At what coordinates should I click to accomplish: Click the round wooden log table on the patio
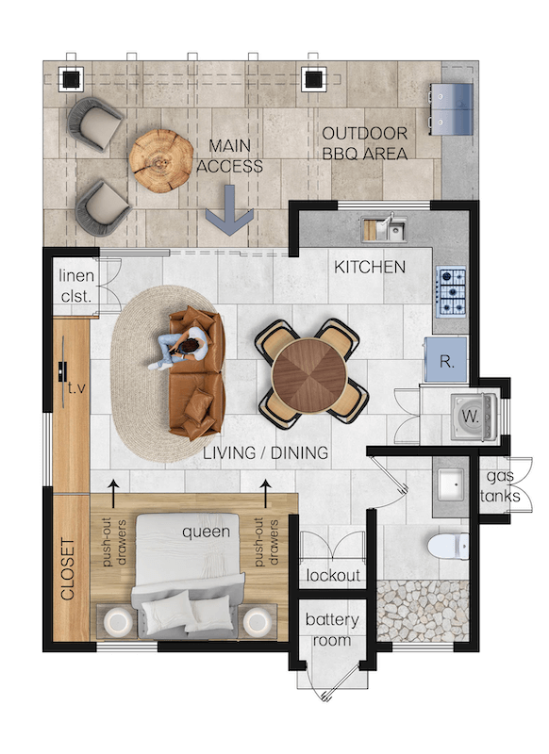[160, 161]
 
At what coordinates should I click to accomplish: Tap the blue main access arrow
[229, 210]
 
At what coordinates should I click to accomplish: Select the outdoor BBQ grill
[451, 108]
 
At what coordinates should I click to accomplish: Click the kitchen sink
[384, 228]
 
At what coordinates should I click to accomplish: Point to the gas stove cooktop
[451, 291]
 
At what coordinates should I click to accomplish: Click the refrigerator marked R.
[445, 360]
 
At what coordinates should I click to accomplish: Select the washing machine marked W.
[472, 417]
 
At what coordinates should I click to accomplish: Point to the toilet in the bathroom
[448, 546]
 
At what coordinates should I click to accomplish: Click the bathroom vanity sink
[450, 485]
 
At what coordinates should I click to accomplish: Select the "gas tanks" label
[500, 486]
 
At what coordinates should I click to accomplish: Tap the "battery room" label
[332, 630]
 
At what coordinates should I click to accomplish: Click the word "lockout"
[333, 575]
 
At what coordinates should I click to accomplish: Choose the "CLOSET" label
[68, 569]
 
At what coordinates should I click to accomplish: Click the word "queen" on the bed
[206, 532]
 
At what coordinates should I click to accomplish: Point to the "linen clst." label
[76, 286]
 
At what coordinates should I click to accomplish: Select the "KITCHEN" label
[370, 268]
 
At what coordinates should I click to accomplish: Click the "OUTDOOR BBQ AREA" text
[365, 143]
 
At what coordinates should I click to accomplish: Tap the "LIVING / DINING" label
[266, 452]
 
